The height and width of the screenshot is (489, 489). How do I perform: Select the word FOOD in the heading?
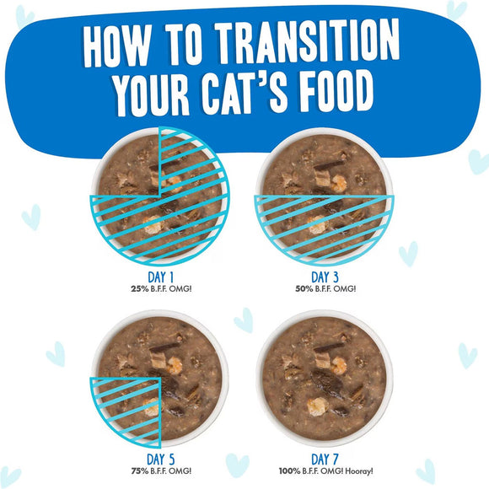tap(345, 95)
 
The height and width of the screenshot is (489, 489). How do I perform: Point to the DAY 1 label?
tap(159, 277)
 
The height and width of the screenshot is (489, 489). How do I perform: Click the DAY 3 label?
tap(328, 277)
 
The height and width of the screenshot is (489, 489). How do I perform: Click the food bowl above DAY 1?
tap(159, 193)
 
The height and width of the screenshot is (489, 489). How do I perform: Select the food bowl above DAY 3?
tap(327, 193)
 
